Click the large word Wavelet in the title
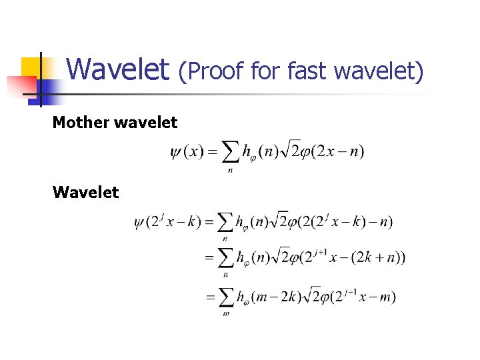118,69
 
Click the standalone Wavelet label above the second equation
85,193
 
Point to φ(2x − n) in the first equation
331,152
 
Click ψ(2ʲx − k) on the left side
167,222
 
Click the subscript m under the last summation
225,313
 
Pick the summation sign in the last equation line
225,297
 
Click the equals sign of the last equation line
210,297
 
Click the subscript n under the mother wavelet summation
230,170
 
